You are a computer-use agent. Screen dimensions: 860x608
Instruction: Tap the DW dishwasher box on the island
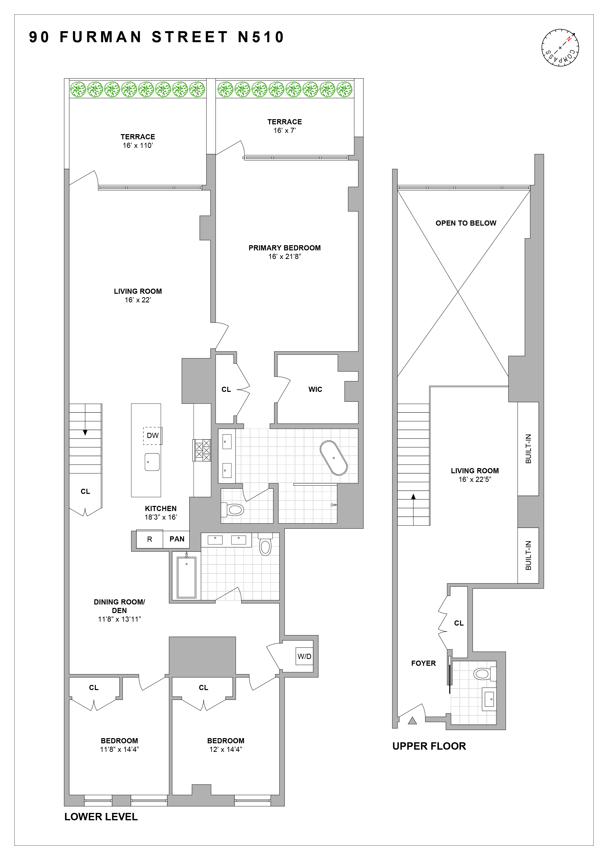[x=152, y=436]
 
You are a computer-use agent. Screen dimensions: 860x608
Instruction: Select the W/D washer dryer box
[x=304, y=656]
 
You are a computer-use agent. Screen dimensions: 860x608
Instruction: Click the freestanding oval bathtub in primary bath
[x=334, y=458]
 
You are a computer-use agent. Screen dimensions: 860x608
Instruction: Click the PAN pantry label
[x=177, y=539]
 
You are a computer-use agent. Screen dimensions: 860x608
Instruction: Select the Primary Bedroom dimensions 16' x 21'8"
[x=285, y=257]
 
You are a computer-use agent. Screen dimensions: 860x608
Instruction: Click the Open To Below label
[x=466, y=223]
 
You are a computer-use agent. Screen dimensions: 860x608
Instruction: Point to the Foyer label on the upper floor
[x=423, y=663]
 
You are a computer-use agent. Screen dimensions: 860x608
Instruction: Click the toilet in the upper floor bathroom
[x=484, y=674]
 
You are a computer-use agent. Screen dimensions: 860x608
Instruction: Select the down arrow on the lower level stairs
[x=85, y=432]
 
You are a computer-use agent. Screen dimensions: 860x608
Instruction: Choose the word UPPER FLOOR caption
[x=429, y=746]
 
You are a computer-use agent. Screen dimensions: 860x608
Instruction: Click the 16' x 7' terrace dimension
[x=285, y=131]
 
